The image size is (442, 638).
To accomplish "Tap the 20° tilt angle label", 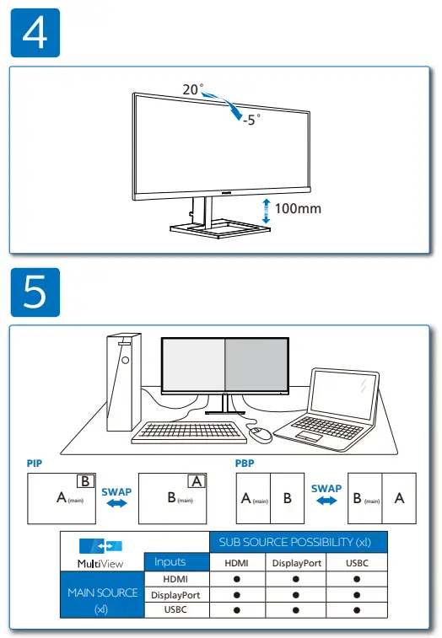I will (x=192, y=89).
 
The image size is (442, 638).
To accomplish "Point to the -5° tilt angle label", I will (x=251, y=121).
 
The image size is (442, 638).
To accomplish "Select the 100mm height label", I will (x=299, y=208).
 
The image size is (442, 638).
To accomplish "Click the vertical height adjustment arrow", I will (x=267, y=210).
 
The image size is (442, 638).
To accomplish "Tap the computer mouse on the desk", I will (x=260, y=434).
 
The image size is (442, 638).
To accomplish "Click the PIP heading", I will (x=35, y=464).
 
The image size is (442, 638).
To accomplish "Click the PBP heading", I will (x=245, y=464).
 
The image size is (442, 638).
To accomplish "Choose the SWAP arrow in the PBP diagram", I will (x=326, y=501).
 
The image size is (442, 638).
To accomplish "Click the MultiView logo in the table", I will (x=101, y=549).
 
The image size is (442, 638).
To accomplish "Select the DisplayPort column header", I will (x=296, y=563).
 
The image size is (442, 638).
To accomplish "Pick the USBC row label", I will (x=176, y=609).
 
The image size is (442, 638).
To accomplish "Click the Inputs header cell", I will (x=176, y=562).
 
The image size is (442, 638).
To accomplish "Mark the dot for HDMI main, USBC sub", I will (x=357, y=580).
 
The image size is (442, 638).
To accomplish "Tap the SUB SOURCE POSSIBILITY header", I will (x=295, y=542).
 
